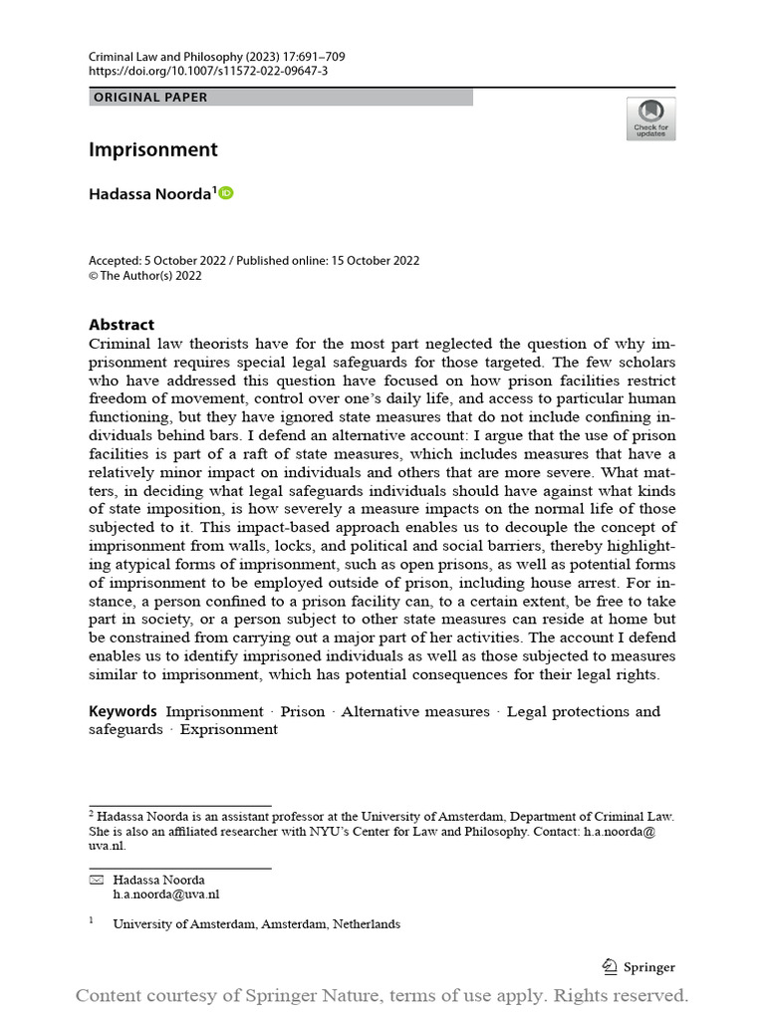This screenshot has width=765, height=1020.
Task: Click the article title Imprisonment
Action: (x=152, y=150)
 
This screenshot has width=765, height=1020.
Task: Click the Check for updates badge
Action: (x=650, y=119)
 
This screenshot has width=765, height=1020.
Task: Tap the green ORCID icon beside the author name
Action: (x=225, y=193)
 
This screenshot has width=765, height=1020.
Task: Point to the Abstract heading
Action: (x=122, y=325)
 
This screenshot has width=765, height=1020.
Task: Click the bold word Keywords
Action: (x=123, y=711)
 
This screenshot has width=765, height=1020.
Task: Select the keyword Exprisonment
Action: (x=229, y=729)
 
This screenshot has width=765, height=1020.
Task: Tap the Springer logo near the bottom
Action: (x=638, y=966)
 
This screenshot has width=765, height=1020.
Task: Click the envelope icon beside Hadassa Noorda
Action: (x=97, y=880)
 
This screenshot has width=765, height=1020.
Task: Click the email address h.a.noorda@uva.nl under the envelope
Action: (x=165, y=894)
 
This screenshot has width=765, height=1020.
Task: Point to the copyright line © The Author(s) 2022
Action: (x=145, y=276)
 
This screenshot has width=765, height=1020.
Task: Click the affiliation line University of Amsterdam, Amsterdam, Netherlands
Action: (x=256, y=923)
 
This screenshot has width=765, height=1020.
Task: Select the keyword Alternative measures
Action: (x=415, y=711)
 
